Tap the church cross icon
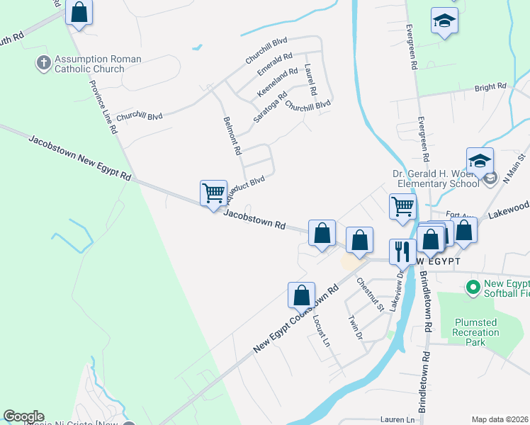[43, 64]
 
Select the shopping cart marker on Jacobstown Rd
[213, 193]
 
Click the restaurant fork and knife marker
[402, 251]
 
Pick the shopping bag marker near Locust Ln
[301, 295]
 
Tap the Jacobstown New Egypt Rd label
[80, 157]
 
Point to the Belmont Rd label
[232, 137]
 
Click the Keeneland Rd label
[278, 83]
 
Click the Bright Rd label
[490, 87]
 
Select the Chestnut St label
[370, 294]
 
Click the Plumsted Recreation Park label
[475, 332]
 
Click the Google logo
[23, 416]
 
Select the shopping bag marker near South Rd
[79, 13]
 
